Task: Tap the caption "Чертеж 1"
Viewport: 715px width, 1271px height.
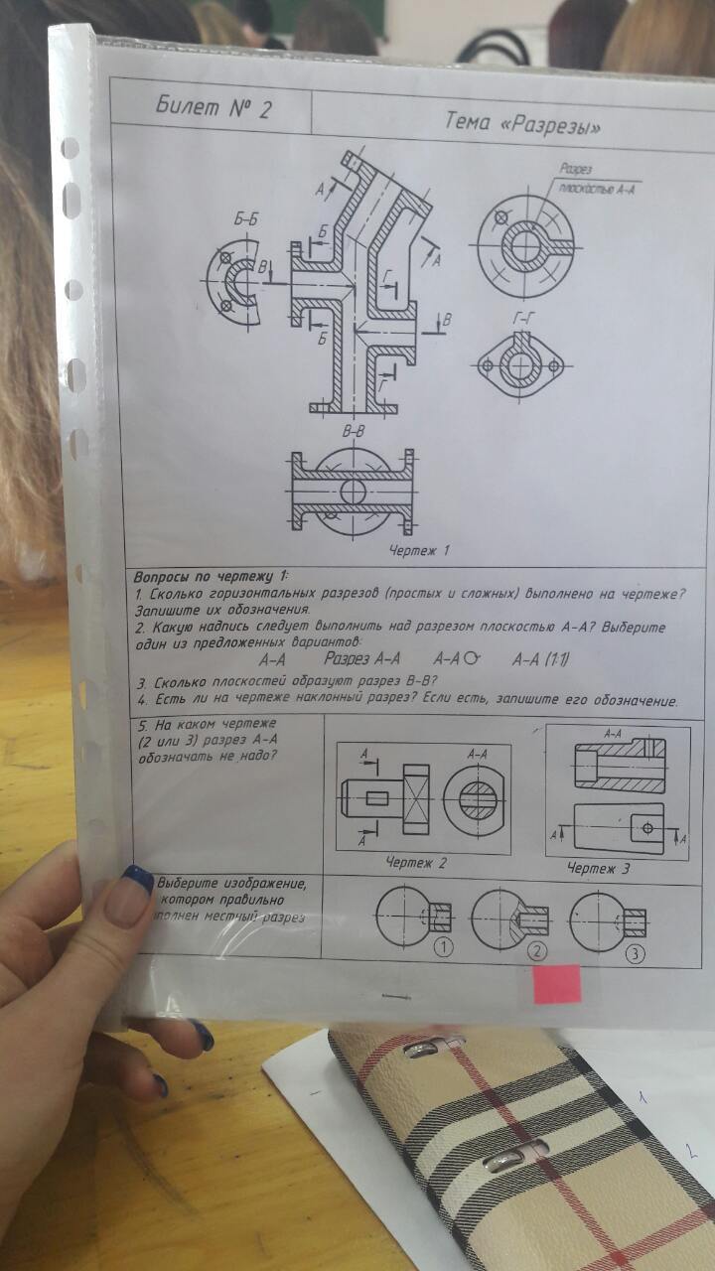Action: point(421,549)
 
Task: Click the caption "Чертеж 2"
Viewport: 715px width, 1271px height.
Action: point(416,863)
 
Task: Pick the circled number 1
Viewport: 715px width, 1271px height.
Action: point(443,946)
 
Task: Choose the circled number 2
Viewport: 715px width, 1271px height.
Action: point(538,950)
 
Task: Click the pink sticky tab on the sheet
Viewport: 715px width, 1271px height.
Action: point(556,983)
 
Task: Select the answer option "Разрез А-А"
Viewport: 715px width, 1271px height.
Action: point(362,657)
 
